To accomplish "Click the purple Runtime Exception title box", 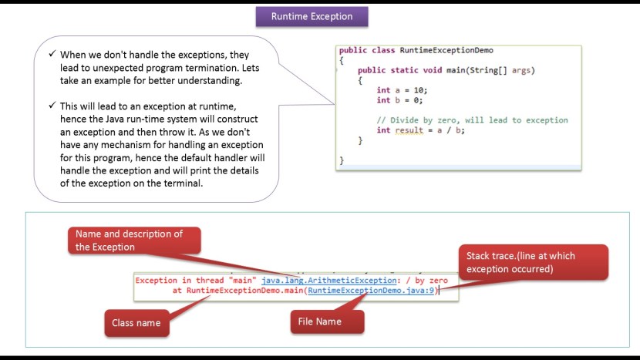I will click(312, 16).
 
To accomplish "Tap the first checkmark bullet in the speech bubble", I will click(52, 56).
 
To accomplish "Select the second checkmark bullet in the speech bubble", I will click(52, 105).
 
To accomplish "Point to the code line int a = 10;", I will click(401, 90).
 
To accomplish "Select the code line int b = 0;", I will click(399, 100).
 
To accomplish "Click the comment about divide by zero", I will click(472, 120).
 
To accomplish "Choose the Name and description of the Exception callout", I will click(134, 241).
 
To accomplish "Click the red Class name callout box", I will click(136, 322).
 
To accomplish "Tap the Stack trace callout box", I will click(533, 262).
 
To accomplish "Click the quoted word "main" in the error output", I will click(241, 281).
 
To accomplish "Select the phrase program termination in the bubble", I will click(194, 68).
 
